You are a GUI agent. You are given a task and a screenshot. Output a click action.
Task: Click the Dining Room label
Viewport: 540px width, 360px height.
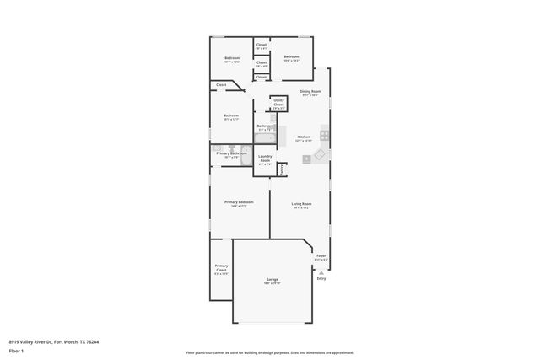pos(310,92)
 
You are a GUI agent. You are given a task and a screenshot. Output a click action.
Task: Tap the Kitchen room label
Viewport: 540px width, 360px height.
pos(303,137)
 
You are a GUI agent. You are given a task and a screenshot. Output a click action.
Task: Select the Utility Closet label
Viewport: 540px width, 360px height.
pos(278,103)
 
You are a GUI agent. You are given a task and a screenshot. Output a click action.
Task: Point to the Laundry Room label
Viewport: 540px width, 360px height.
pos(264,160)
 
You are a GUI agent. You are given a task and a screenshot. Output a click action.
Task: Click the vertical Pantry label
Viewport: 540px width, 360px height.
pos(281,169)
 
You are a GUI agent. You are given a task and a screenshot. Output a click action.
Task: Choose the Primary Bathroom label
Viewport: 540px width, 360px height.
pos(231,153)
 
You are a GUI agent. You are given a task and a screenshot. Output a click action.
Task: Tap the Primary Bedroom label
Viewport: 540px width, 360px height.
pos(239,202)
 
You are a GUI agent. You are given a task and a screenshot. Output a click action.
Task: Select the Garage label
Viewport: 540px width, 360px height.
pos(273,279)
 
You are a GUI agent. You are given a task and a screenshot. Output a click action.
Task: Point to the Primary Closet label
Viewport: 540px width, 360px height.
pos(221,268)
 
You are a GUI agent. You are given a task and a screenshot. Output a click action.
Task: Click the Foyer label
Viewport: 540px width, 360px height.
pos(321,256)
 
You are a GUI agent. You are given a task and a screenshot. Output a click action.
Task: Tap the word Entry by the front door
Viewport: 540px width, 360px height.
pos(321,278)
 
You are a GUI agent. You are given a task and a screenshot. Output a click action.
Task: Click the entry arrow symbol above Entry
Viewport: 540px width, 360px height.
pos(321,271)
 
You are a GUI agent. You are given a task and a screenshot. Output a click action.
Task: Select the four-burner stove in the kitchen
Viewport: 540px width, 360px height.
pos(324,134)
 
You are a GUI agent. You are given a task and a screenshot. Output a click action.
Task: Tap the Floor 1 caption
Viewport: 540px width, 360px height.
pos(16,351)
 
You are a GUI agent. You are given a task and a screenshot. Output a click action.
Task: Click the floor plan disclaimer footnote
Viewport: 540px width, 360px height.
pos(270,353)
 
